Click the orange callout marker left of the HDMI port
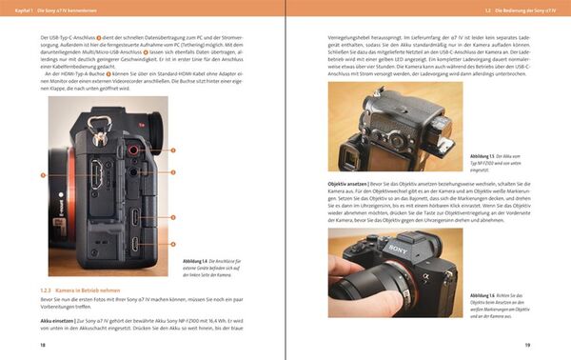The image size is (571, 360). [44, 175]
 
